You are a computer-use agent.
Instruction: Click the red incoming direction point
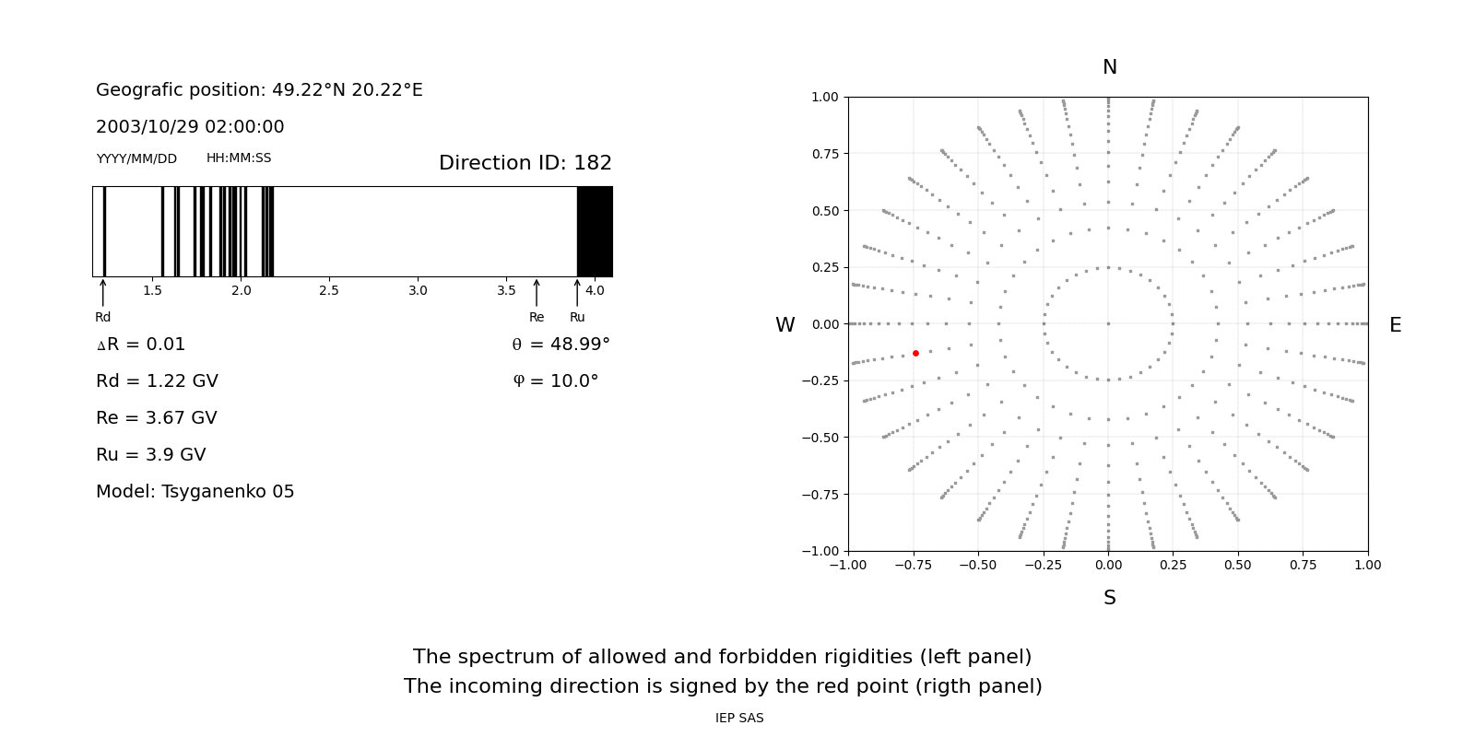tap(915, 354)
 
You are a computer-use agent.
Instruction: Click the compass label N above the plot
tap(1109, 67)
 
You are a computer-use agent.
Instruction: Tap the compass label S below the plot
tap(1109, 598)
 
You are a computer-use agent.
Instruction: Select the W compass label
tap(785, 325)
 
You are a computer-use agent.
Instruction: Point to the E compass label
tap(1395, 325)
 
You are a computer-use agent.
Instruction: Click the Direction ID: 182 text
tap(525, 163)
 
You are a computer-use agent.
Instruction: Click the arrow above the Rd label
tap(103, 292)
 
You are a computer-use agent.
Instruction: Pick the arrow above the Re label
tap(537, 292)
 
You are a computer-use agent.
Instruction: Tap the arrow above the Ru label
tap(577, 292)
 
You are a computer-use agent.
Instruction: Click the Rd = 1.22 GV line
tap(157, 381)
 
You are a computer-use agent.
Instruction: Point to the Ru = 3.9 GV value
tap(151, 455)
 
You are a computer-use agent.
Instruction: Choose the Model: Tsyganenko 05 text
tap(195, 492)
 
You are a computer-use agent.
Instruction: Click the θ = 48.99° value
tap(560, 345)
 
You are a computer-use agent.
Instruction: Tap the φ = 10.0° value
tap(556, 381)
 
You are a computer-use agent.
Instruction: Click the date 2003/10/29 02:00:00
tap(190, 127)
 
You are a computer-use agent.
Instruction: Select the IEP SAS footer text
tap(739, 719)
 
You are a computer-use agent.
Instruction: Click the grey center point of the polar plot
tap(1108, 323)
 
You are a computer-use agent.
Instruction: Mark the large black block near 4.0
tap(595, 231)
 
